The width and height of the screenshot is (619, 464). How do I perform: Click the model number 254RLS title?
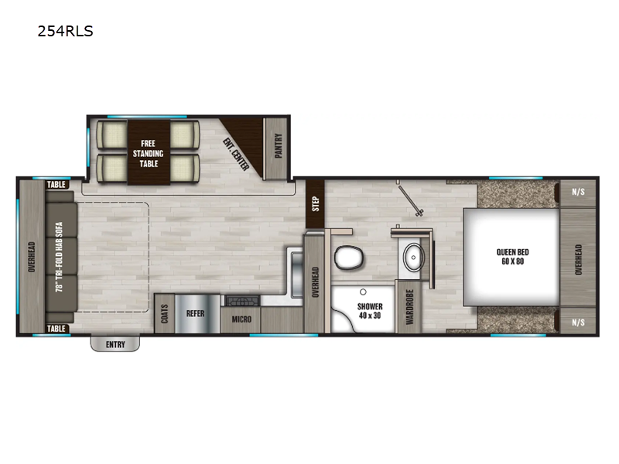pos(65,31)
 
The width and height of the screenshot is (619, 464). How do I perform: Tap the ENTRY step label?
pos(115,345)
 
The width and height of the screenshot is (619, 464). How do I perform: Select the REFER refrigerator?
pos(197,314)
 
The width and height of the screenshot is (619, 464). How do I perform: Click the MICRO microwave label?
pos(241,319)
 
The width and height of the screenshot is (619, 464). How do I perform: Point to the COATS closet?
pos(165,314)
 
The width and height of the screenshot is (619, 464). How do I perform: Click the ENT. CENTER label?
pos(236,155)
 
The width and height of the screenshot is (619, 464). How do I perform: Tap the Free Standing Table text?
pos(149,153)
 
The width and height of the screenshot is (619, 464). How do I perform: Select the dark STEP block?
pos(315,204)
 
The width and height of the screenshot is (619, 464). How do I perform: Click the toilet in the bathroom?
pos(348,258)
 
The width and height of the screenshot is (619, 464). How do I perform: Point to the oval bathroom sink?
pos(413,258)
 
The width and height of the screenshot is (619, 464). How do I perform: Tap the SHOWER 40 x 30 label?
pos(370,311)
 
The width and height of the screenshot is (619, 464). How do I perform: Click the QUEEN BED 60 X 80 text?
pos(512,257)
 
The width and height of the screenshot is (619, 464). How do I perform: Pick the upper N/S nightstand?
pos(578,193)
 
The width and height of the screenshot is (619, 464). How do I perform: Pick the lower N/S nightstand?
pos(578,321)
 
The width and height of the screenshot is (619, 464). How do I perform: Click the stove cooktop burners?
pos(242,301)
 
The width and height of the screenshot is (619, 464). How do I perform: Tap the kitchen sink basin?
pos(297,275)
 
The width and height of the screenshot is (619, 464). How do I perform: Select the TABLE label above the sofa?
pos(56,185)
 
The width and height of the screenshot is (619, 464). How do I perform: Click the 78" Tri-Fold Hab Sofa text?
pos(60,257)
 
